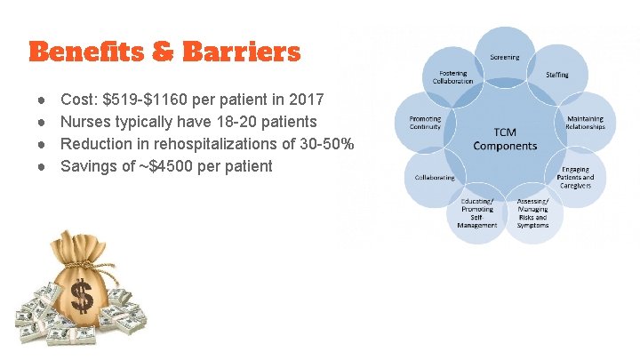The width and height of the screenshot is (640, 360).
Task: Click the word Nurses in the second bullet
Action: click(86, 122)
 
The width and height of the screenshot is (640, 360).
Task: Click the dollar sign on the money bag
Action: click(83, 295)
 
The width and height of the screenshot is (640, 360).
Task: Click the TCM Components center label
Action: click(505, 140)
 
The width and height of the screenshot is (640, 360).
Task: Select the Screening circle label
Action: click(505, 58)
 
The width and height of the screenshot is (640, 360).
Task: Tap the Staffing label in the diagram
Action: click(557, 76)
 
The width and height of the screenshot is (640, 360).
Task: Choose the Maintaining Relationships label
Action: click(584, 123)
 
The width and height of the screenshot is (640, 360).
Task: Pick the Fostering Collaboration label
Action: click(452, 76)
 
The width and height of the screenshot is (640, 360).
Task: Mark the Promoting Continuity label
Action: click(425, 123)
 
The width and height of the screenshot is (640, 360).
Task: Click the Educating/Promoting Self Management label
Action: click(477, 213)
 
